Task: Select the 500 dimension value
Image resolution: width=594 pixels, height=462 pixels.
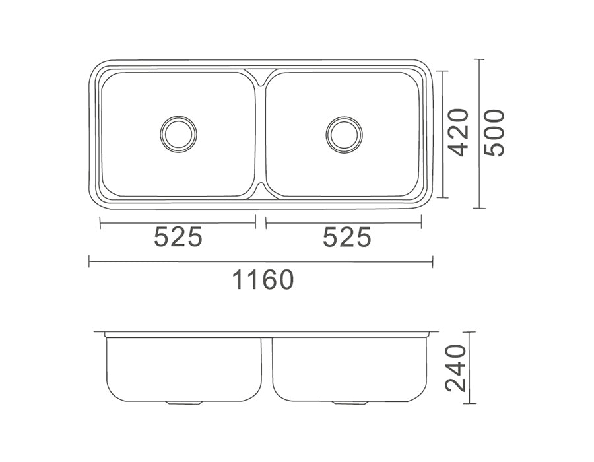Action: [x=494, y=133]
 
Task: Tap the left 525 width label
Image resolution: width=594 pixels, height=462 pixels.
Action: [x=178, y=237]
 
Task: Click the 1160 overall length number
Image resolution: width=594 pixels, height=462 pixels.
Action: [x=262, y=280]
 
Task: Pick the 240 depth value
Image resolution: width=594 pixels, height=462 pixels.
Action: [x=457, y=368]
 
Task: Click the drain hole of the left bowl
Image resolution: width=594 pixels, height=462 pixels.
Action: [x=178, y=133]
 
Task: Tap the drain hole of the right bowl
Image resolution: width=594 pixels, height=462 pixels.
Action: [x=344, y=133]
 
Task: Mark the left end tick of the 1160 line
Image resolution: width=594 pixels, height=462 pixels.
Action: [x=90, y=262]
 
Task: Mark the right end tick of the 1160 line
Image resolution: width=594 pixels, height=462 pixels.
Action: [x=432, y=262]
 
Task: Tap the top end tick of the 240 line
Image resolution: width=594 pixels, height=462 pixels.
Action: [x=468, y=332]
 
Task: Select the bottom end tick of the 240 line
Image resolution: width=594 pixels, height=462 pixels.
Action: [x=468, y=403]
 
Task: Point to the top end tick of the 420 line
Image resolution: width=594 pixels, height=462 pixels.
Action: [x=442, y=71]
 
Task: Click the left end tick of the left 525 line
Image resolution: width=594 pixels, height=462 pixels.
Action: [x=100, y=223]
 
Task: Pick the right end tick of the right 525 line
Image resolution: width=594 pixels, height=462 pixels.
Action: [x=421, y=223]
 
